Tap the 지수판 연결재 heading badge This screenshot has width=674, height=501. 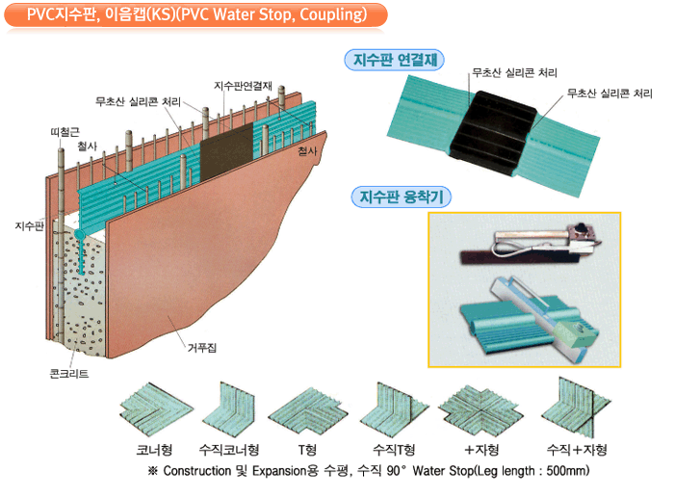click(393, 60)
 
